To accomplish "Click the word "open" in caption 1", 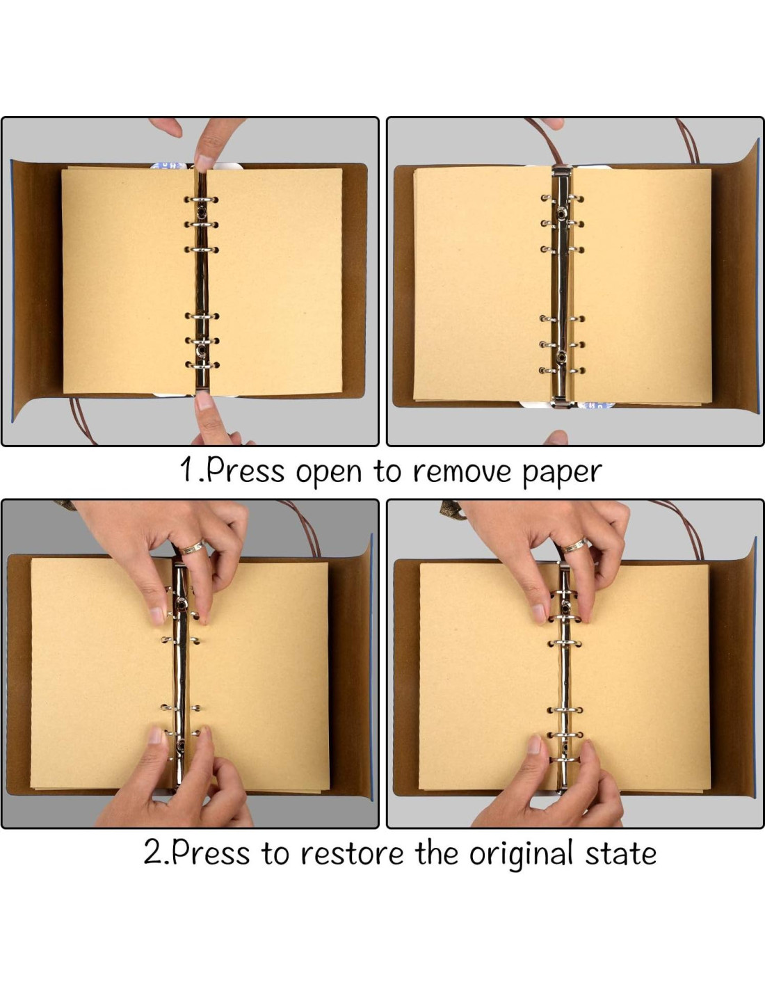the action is point(328,474).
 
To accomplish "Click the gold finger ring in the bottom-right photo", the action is point(574,545).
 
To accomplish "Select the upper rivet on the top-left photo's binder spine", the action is point(201,211).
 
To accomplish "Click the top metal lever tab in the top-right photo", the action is point(562,172).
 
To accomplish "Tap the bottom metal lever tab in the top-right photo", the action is point(563,403).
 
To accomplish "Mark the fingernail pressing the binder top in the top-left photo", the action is point(204,163).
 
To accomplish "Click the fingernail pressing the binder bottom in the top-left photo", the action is point(204,401).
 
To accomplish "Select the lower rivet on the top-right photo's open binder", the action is point(562,357).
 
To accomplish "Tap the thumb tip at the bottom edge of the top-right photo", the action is point(556,438).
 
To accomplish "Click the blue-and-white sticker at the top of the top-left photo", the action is point(169,166).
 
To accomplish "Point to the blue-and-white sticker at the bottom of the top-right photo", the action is point(597,405).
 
